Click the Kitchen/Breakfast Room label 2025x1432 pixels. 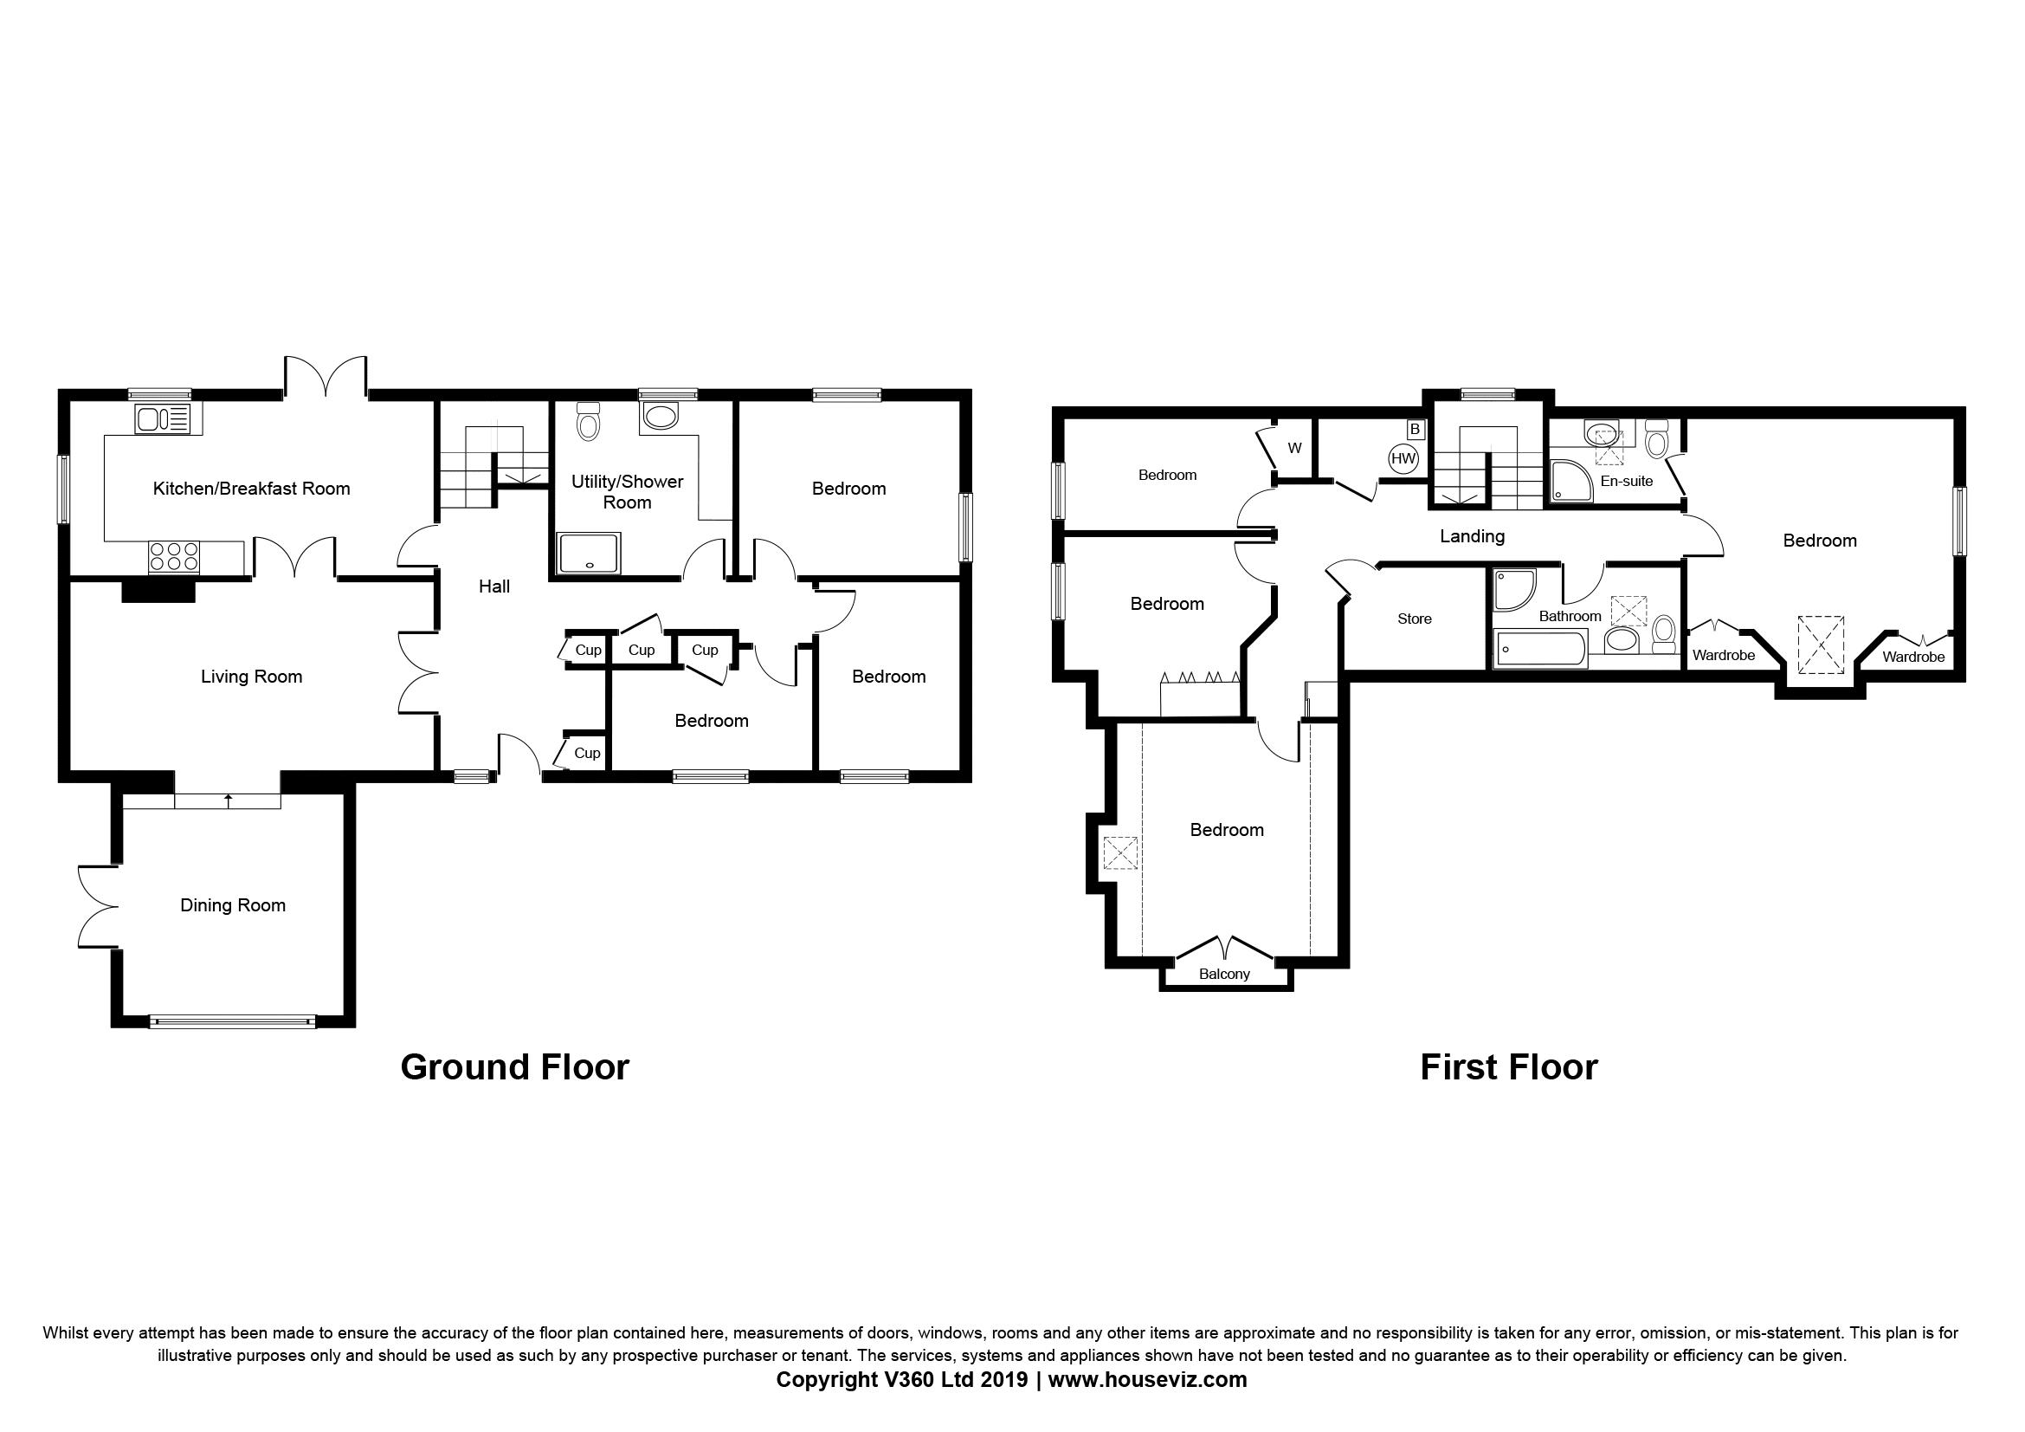251,489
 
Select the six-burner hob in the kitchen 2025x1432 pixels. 174,557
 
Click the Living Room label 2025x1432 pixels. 251,677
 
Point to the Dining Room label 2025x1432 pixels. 233,905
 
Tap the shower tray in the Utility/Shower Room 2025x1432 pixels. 590,554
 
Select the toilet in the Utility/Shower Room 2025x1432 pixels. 587,422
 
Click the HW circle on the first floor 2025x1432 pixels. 1403,458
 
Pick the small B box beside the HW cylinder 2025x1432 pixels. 1416,430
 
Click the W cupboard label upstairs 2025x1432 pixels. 1294,448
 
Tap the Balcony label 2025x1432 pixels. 1224,974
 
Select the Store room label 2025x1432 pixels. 1415,619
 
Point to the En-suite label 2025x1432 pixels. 1627,481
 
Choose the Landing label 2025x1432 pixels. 1472,536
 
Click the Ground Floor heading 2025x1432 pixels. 515,1067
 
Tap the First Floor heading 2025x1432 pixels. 1509,1067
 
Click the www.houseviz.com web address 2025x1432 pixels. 1147,1380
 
